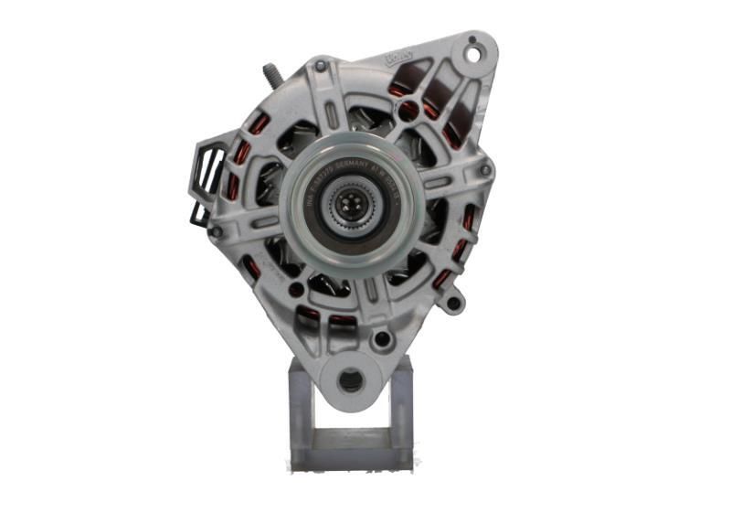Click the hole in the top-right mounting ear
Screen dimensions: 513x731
click(x=473, y=52)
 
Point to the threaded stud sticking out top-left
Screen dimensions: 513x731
click(x=271, y=72)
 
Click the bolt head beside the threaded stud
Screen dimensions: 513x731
click(x=320, y=66)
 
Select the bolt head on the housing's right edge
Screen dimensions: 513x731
click(x=485, y=169)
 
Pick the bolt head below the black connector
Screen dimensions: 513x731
click(x=216, y=232)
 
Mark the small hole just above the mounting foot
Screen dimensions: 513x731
click(x=382, y=338)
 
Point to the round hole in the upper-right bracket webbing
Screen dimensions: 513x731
click(x=408, y=111)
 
